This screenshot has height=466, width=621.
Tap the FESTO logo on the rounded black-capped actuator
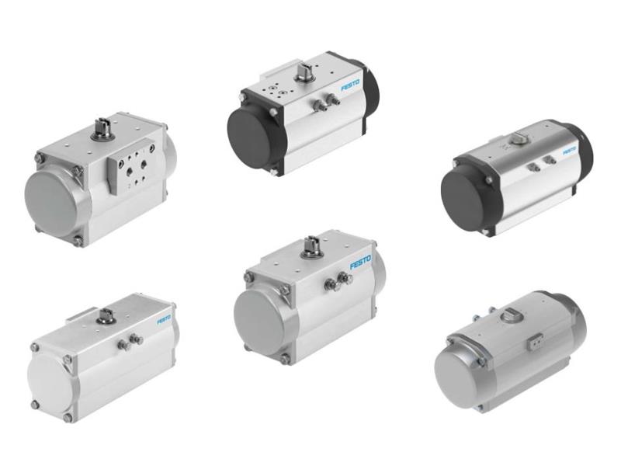569,149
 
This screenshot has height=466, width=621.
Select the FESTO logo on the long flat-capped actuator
164,319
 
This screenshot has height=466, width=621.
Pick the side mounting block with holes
127,172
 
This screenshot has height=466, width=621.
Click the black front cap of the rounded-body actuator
465,197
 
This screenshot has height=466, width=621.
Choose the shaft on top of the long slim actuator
106,315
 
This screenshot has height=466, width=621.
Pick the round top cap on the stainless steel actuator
512,315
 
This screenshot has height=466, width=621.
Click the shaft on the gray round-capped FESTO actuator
311,245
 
